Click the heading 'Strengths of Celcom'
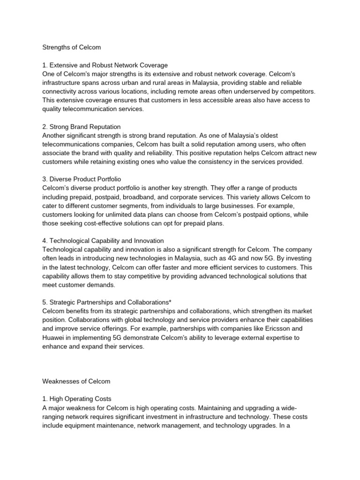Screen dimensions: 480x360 71,47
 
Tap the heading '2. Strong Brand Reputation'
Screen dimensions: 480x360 82,127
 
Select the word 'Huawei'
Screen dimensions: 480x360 54,338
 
